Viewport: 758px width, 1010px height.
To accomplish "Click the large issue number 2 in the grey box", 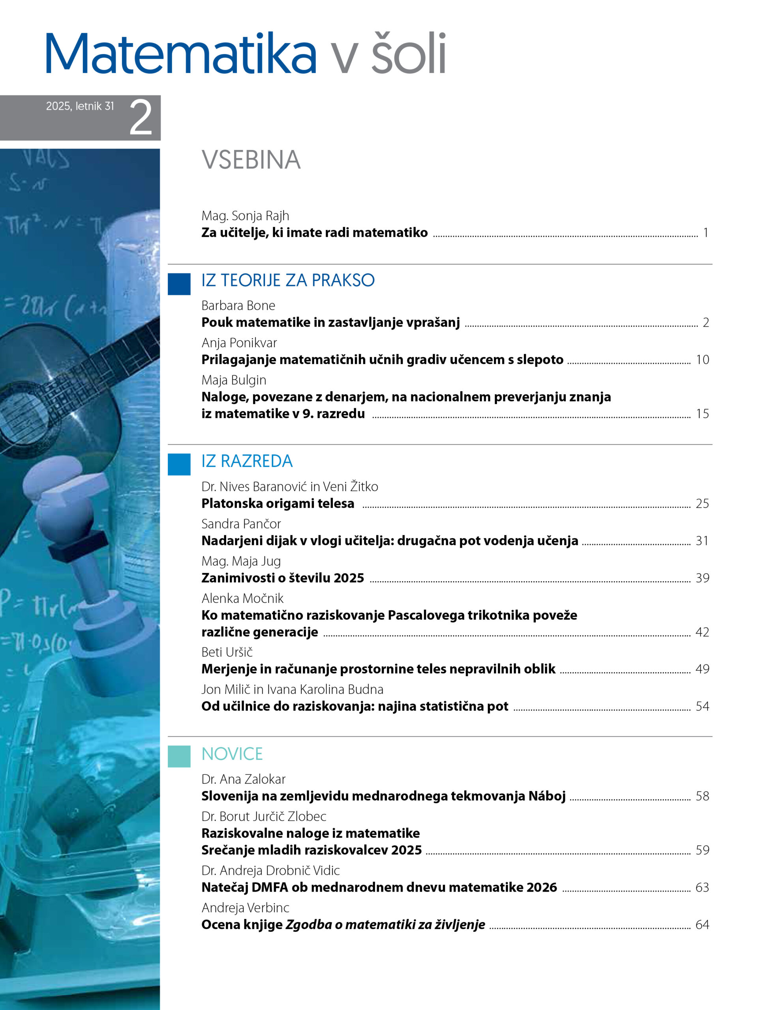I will point(140,118).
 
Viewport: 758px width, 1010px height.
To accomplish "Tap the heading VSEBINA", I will point(251,160).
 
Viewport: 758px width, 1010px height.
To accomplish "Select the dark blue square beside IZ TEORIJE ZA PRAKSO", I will point(179,284).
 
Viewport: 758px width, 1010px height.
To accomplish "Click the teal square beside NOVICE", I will point(179,756).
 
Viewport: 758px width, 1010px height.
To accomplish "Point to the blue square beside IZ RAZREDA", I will point(179,464).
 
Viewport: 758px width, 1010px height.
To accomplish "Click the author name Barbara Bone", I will point(238,305).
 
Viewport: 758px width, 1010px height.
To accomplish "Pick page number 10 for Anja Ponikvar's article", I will point(702,360).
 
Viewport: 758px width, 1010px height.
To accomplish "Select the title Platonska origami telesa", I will point(278,503).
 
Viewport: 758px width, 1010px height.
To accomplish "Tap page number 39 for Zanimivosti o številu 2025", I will point(702,578).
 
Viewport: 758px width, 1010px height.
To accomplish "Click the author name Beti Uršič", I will point(227,652).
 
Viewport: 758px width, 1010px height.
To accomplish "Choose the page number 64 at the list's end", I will point(702,925).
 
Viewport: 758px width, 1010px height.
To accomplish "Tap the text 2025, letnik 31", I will point(80,106).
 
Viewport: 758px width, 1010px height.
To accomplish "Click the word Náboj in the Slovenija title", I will point(547,796).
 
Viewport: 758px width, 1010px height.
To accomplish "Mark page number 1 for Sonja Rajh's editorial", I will point(705,233).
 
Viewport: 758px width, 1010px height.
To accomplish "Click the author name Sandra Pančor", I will point(241,524).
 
